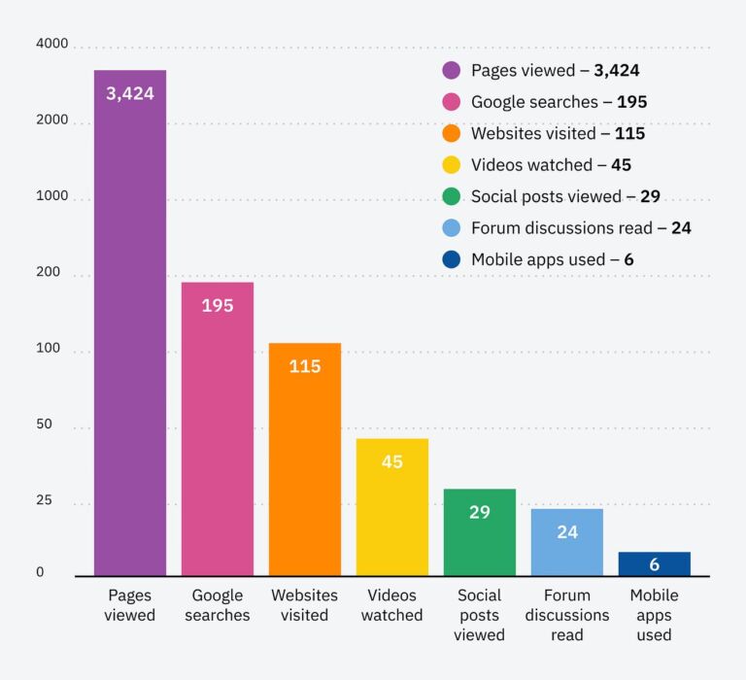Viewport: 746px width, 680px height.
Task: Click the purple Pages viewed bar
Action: coord(129,330)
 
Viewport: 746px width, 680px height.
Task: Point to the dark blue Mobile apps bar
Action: coord(654,563)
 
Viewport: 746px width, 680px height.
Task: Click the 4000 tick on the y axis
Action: coord(51,44)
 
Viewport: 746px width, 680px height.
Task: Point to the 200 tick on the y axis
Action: coord(48,273)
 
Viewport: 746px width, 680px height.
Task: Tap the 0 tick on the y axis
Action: coord(40,572)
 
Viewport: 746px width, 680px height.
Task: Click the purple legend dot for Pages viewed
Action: coord(452,70)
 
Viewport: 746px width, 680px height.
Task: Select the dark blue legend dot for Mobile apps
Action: coord(452,259)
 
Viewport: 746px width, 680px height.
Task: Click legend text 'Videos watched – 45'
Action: coord(551,165)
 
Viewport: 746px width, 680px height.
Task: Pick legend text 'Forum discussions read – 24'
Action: coord(581,228)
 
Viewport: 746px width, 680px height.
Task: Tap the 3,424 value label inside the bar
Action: coord(129,94)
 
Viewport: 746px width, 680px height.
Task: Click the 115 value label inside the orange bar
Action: coord(304,366)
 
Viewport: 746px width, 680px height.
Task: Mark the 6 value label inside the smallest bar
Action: coord(654,564)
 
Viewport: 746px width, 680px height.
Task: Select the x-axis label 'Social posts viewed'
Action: coord(479,614)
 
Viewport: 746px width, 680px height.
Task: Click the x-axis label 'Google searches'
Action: coord(217,604)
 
